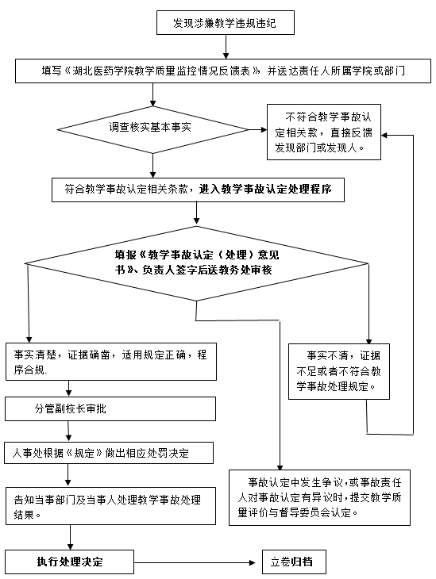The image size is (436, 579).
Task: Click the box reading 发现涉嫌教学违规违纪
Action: click(226, 23)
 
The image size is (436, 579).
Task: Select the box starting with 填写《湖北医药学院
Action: click(223, 71)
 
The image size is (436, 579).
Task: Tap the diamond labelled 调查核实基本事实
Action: click(153, 129)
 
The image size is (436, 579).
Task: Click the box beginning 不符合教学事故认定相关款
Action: click(324, 132)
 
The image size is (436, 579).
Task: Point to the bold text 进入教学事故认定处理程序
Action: click(265, 189)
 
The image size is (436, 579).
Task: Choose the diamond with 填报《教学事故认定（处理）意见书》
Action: click(197, 263)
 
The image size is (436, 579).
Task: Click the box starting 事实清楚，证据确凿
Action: click(111, 362)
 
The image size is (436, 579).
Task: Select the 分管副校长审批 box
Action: click(110, 408)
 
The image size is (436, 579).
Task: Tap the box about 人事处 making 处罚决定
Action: click(109, 453)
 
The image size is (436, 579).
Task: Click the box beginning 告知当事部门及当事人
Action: click(110, 506)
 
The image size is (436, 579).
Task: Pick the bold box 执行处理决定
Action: click(69, 562)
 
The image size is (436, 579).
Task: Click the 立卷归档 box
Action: click(295, 562)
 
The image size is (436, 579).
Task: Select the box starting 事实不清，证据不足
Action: click(339, 371)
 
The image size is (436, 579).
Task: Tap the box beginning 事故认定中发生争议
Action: click(319, 498)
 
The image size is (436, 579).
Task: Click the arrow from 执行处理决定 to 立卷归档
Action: click(195, 563)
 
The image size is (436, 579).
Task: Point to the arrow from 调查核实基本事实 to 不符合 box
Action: click(258, 129)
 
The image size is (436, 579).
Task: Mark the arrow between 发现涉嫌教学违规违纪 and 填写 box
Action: click(226, 47)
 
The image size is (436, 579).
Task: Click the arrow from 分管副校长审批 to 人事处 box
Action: click(68, 431)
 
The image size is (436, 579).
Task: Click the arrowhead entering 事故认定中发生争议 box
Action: click(280, 466)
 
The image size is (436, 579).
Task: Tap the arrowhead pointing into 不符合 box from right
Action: click(384, 135)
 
